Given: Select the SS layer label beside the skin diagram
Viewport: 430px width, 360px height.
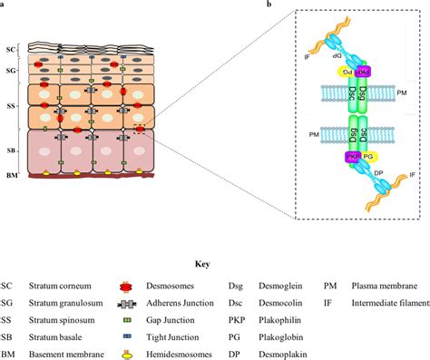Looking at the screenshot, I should (11, 107).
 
